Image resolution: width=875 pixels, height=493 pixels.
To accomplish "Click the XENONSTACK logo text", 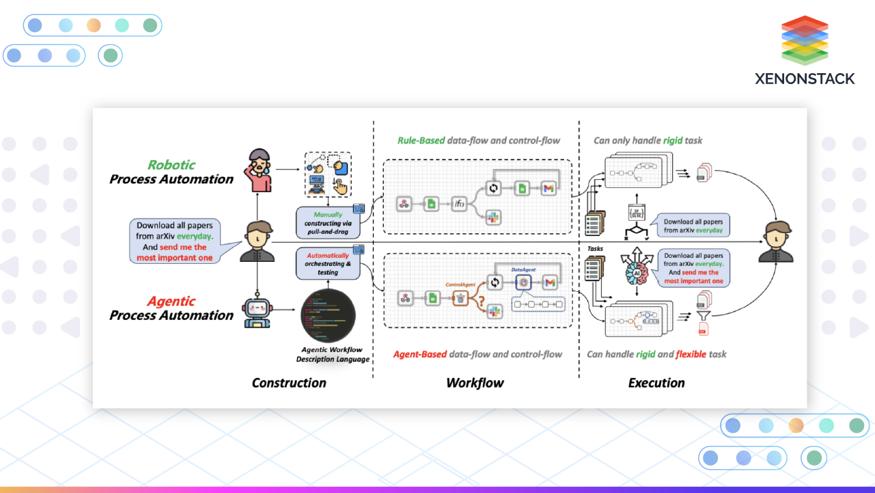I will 805,79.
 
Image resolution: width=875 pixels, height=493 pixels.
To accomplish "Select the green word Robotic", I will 171,165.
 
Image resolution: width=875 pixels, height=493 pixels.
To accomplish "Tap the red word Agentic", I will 171,301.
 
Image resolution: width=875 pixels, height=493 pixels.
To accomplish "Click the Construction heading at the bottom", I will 289,383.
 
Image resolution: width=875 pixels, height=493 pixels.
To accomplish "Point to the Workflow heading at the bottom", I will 475,383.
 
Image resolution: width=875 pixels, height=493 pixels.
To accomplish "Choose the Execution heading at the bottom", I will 656,383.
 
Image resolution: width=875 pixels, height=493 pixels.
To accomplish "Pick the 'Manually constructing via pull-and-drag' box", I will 328,224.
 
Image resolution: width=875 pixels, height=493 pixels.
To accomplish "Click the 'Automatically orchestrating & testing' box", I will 328,264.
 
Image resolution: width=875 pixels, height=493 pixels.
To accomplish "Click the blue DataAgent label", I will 525,270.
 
